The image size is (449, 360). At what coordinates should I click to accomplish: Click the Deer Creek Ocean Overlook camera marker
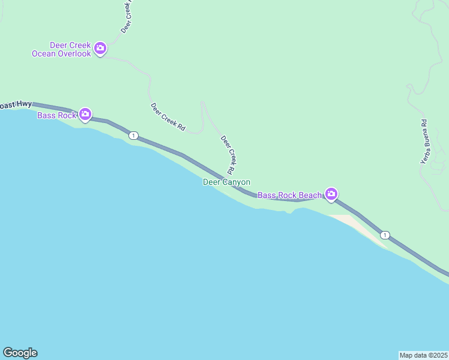click(100, 47)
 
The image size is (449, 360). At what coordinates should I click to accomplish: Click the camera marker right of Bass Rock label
click(85, 113)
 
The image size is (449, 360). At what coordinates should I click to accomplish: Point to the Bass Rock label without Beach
click(56, 115)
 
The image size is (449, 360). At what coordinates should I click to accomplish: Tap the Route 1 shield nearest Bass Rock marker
click(133, 136)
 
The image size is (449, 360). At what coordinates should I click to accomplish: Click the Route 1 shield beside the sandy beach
click(385, 235)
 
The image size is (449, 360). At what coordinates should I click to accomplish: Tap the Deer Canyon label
click(226, 182)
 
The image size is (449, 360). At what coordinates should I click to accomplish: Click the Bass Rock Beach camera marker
click(331, 193)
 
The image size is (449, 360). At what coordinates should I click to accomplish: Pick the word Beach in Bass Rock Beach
click(310, 196)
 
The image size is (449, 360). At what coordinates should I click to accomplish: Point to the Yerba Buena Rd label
click(424, 142)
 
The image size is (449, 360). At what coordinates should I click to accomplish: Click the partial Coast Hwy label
click(16, 105)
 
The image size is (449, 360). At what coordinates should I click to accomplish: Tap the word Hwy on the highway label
click(25, 104)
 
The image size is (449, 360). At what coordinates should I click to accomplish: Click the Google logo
click(20, 353)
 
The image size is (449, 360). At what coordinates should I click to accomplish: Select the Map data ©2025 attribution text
click(424, 355)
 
